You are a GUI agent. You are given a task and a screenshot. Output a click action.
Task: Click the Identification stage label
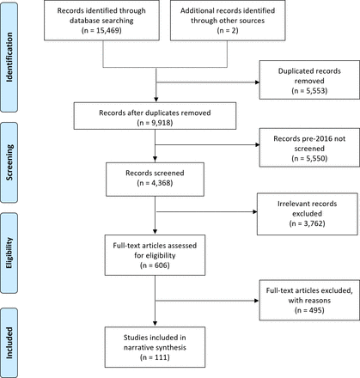(x=9, y=57)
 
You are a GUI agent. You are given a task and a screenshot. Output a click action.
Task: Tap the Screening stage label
(x=9, y=162)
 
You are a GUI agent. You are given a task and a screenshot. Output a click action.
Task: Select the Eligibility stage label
(x=9, y=253)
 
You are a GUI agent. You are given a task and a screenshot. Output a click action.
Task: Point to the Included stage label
(x=9, y=343)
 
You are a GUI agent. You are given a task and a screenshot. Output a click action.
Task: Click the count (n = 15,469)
(x=101, y=30)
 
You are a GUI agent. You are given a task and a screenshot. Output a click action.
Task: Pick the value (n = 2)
(x=228, y=30)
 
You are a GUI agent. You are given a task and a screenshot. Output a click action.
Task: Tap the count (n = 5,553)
(x=309, y=91)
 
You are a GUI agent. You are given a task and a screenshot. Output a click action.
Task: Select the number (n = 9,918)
(x=155, y=123)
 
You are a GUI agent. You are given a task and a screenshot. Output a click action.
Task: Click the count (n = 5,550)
(x=309, y=158)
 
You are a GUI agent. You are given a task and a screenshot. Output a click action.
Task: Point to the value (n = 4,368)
(x=155, y=183)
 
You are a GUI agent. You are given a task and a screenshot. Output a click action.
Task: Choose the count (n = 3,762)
(x=307, y=223)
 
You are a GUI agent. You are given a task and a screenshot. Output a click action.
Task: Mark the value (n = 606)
(x=155, y=265)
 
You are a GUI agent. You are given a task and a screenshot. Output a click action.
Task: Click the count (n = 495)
(x=309, y=310)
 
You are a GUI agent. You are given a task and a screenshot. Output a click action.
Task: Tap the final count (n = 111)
(x=155, y=357)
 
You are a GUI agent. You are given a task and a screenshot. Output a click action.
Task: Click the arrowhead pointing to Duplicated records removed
(x=257, y=82)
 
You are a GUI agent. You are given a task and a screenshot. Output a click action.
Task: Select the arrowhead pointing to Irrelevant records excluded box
(x=255, y=212)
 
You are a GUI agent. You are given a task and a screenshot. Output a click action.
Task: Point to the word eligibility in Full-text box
(x=161, y=255)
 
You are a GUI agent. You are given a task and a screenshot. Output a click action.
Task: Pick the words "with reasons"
(x=309, y=301)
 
